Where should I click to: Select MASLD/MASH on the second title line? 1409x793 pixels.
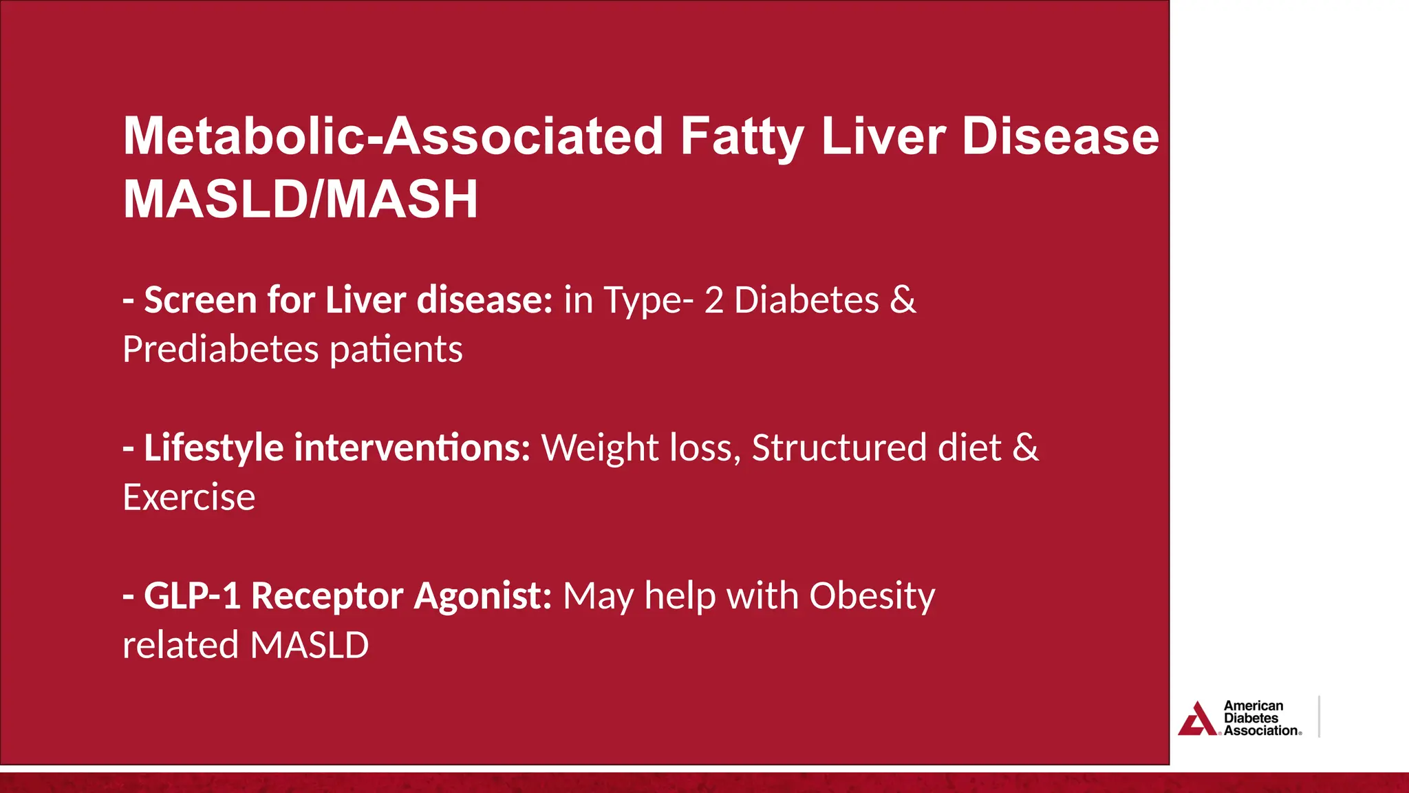click(x=300, y=200)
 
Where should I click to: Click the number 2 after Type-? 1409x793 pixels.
click(x=713, y=300)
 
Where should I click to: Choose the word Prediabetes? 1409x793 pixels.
click(x=220, y=349)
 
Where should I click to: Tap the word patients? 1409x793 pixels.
click(x=396, y=349)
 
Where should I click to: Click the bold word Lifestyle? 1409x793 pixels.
click(x=213, y=448)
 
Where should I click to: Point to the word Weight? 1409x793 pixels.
click(x=600, y=448)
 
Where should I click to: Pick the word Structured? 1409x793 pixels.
click(x=839, y=448)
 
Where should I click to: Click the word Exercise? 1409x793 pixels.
click(x=189, y=497)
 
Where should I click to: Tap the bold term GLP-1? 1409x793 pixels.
click(x=192, y=595)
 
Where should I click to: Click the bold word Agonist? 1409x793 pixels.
click(x=482, y=597)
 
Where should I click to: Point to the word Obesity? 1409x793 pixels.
click(x=872, y=597)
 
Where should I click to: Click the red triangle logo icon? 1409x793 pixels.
click(x=1198, y=720)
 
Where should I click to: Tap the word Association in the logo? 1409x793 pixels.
click(x=1260, y=731)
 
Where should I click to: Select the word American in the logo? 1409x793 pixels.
click(x=1253, y=706)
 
